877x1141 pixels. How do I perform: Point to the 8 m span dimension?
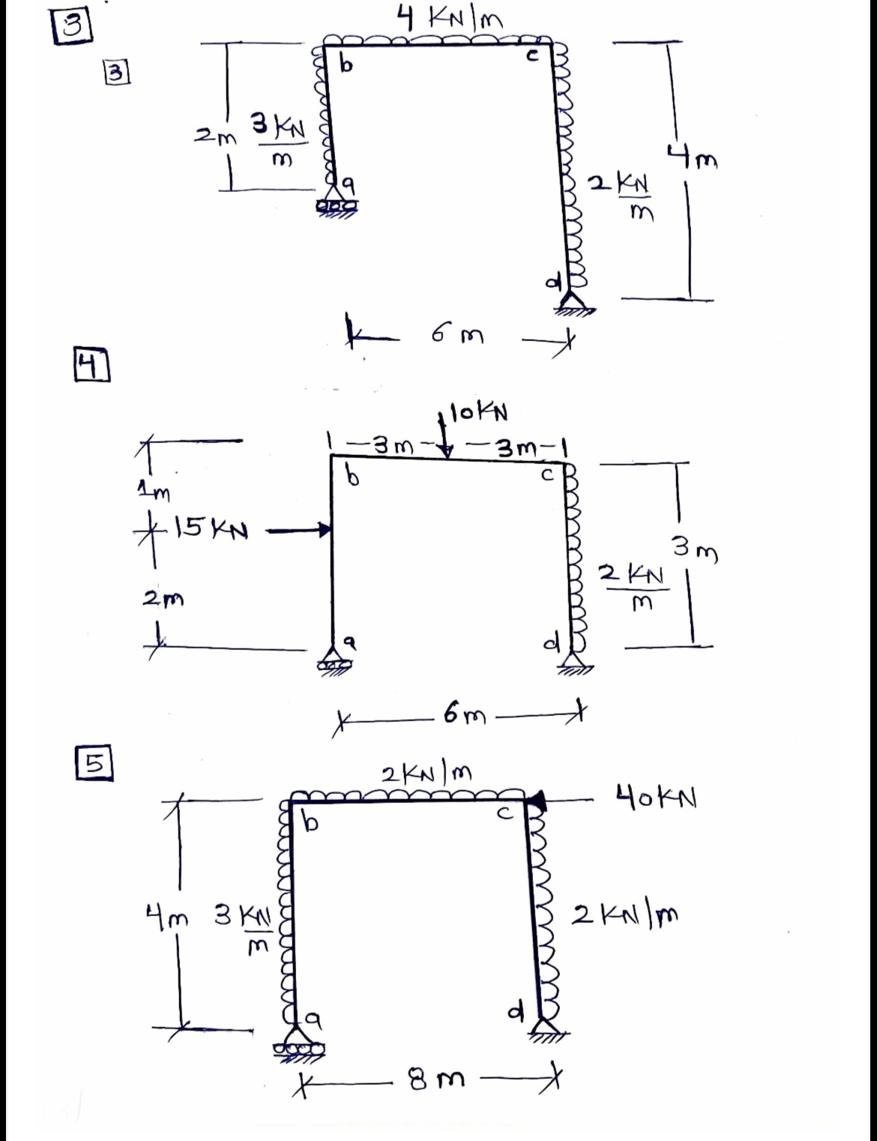tap(436, 1080)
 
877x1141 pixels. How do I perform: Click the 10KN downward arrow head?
tap(446, 451)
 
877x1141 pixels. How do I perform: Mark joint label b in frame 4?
tap(348, 476)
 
